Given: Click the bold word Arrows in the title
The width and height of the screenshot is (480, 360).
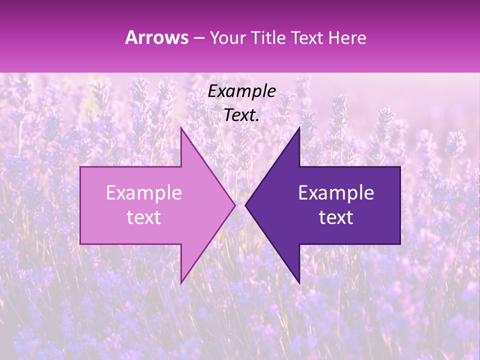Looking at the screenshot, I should point(157,37).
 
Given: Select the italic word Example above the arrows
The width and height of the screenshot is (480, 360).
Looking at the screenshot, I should point(242,91).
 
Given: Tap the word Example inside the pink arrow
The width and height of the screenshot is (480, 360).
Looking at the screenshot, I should point(144,193).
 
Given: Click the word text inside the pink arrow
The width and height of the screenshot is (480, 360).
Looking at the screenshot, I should point(144,217).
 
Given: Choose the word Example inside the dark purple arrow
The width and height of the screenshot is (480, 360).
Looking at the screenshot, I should point(336,193).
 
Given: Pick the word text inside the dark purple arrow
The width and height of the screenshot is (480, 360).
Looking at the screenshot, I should point(336,217).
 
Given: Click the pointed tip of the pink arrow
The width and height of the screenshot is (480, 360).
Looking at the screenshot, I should point(235,205).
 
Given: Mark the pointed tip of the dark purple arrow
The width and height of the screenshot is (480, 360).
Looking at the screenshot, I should point(245,205).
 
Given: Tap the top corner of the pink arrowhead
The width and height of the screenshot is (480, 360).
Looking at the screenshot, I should point(181,127).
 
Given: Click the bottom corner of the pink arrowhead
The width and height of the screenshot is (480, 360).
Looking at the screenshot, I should point(181,283).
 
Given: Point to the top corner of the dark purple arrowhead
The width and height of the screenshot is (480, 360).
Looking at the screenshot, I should point(299,127).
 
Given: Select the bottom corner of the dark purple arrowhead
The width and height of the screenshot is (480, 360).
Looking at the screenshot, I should point(299,283).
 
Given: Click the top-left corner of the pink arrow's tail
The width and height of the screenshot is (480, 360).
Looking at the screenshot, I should point(80,166).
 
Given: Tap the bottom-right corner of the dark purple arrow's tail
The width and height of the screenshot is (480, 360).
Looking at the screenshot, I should point(400,244).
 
